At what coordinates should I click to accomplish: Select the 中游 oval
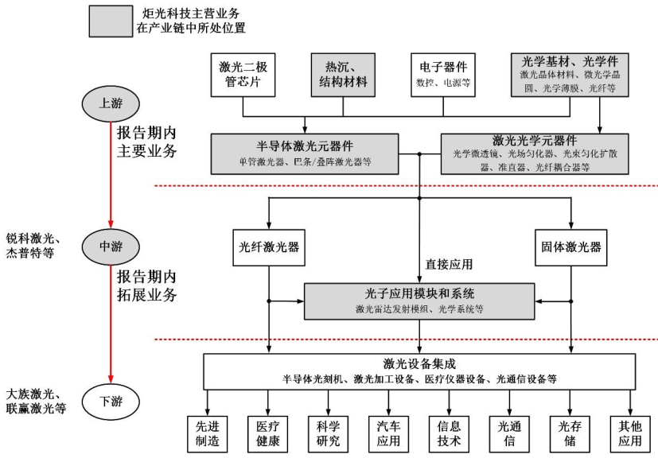pos(111,246)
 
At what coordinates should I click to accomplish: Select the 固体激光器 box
pos(570,246)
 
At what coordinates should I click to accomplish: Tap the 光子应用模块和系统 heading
pos(419,293)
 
